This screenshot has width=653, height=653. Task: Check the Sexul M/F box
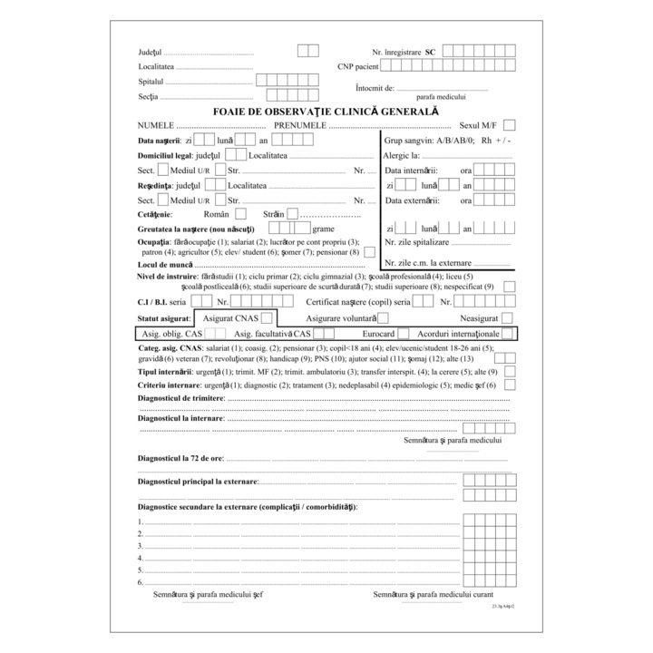pos(510,124)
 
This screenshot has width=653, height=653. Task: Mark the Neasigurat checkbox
pos(507,318)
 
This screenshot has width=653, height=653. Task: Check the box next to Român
pos(240,214)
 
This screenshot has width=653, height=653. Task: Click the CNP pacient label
pos(358,67)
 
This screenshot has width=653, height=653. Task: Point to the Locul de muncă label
pos(165,264)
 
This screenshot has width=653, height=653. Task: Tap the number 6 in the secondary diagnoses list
pos(141,582)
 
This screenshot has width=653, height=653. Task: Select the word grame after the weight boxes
pos(323,229)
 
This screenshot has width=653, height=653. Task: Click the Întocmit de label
pos(375,88)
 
